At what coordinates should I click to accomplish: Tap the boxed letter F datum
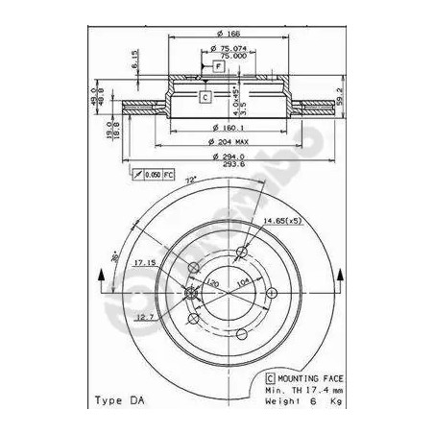[218, 65]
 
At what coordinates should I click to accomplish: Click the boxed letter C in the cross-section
[205, 96]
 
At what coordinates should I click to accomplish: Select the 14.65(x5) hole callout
[277, 222]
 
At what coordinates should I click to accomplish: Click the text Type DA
[120, 398]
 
